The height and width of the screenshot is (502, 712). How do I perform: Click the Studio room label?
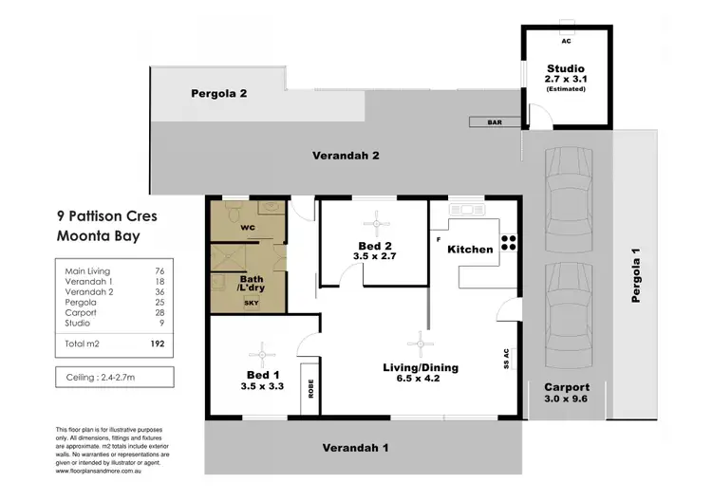[566, 68]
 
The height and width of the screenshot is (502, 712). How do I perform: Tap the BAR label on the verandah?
[494, 122]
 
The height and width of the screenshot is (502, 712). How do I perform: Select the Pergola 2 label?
[218, 93]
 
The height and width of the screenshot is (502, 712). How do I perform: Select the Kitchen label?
[470, 250]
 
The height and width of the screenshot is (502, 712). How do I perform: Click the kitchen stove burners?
[509, 244]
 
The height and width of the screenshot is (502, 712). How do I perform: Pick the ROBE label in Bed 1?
[309, 388]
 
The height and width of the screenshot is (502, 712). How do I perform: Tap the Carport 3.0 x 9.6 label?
[567, 394]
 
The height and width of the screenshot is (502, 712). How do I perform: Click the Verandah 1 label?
[355, 448]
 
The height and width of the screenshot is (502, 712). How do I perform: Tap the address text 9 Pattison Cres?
[107, 216]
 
